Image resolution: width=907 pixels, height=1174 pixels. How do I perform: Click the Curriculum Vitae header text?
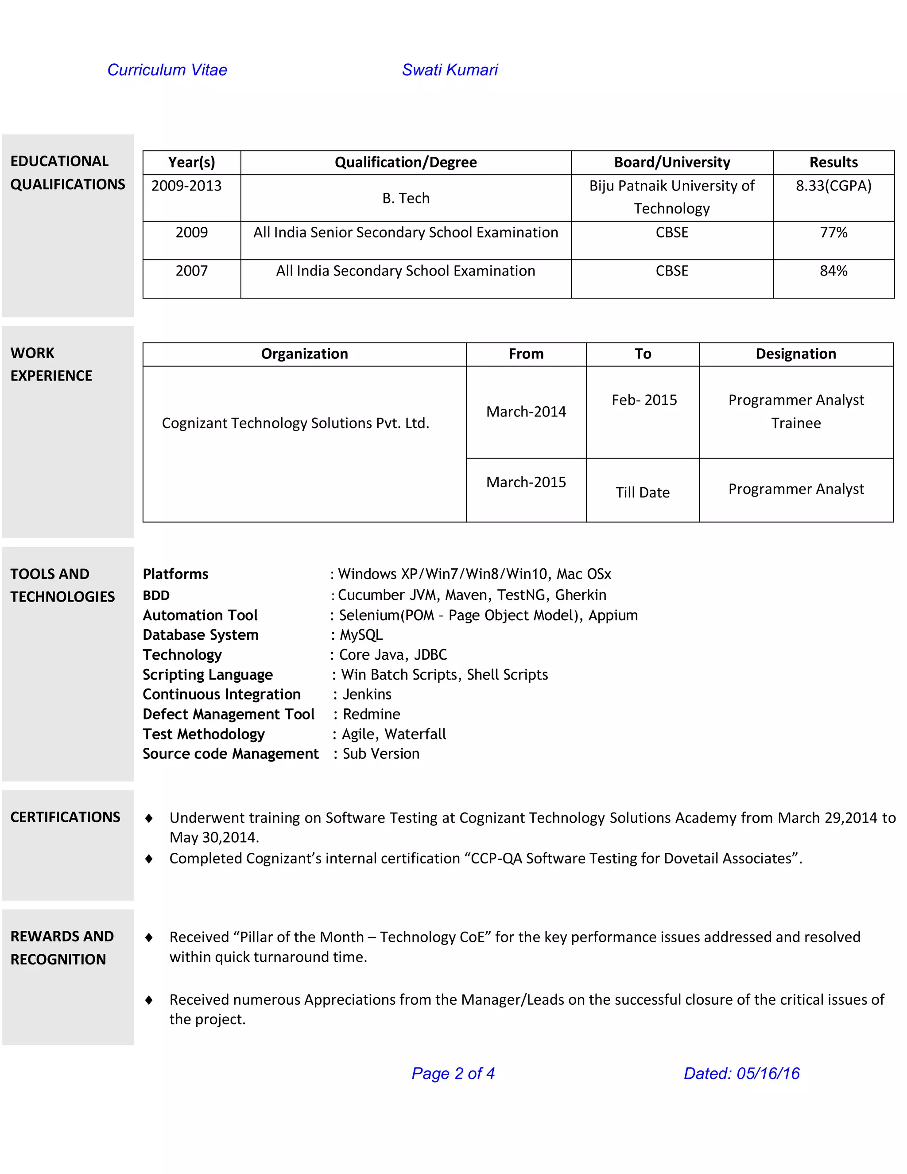(x=167, y=70)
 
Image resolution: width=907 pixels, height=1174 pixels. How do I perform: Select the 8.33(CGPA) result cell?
(x=833, y=186)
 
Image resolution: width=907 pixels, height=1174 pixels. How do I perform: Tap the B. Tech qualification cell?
(x=406, y=198)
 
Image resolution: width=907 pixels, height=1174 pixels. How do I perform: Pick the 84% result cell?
(x=833, y=271)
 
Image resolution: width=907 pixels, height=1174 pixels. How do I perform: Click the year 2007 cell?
(x=191, y=271)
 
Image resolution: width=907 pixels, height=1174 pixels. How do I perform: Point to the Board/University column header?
(x=672, y=162)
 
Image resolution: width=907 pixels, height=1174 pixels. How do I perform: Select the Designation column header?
(x=795, y=354)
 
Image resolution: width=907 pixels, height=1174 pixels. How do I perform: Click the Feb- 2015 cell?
(x=643, y=400)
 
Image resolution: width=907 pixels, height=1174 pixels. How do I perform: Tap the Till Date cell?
(x=642, y=492)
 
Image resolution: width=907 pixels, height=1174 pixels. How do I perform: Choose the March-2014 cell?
(x=526, y=412)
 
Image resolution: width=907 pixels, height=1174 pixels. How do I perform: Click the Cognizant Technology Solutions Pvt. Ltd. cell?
(x=295, y=423)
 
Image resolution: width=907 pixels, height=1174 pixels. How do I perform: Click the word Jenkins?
(x=367, y=695)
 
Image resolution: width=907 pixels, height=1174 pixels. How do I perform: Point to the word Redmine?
(x=371, y=715)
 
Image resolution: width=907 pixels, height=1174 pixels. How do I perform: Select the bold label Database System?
(x=201, y=635)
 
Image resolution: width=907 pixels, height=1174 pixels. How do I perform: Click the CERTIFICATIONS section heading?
(x=65, y=817)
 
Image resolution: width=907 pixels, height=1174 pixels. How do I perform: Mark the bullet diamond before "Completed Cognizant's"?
(x=149, y=859)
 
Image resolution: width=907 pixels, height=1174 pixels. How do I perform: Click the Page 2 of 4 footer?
(x=453, y=1073)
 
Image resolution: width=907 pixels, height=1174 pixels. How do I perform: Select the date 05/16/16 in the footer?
(x=767, y=1073)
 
